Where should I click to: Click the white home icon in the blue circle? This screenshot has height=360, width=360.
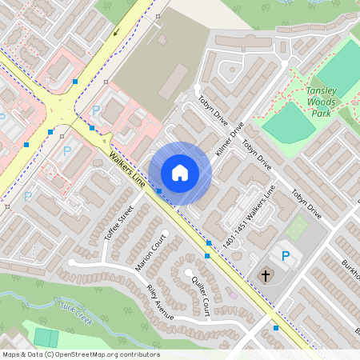[x=180, y=173]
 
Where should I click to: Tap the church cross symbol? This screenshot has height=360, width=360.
[x=265, y=276]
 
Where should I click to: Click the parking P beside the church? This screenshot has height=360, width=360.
[x=286, y=255]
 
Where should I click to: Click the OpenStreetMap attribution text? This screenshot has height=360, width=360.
[x=81, y=354]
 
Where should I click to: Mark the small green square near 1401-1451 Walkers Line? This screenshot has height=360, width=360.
[x=297, y=229]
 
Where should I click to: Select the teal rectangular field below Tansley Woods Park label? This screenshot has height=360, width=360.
[x=288, y=124]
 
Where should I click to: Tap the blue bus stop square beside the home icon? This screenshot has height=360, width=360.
[x=159, y=190]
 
